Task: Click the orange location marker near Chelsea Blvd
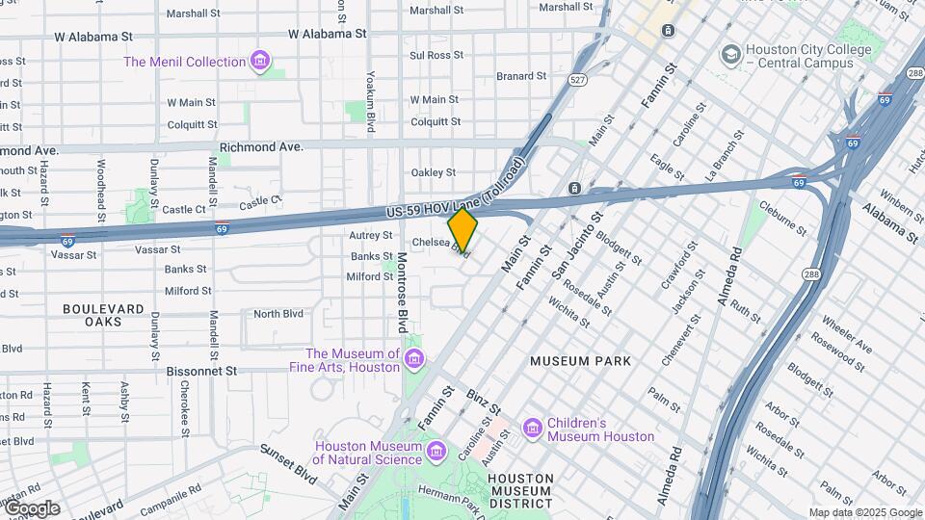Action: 462,230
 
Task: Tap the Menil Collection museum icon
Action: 259,62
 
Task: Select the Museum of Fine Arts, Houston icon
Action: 414,360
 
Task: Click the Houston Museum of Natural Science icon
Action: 436,451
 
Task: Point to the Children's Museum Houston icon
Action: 533,428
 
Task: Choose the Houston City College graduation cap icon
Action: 731,53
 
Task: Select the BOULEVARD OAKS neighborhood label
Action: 103,315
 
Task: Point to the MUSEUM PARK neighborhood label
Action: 580,361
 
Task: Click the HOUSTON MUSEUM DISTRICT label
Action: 520,490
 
